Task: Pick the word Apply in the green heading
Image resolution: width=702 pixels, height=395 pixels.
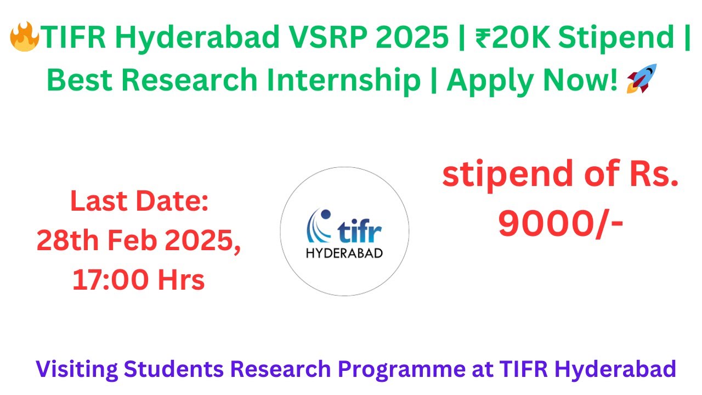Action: coord(486,80)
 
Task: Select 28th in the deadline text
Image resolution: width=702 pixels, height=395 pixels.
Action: coord(67,241)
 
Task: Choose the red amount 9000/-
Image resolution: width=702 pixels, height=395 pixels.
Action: coord(560,223)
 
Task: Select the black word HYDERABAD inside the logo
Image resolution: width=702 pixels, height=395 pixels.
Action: coord(344,253)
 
